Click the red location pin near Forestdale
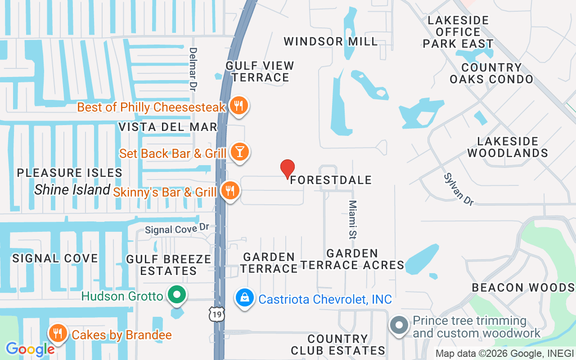click(288, 169)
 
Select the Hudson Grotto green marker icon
click(177, 295)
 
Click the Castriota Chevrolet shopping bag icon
click(245, 298)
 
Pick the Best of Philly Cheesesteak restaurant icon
click(238, 106)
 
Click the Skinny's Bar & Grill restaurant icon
click(230, 191)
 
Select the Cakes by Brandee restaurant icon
click(58, 333)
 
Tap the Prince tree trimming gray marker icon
click(399, 325)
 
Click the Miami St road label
click(352, 219)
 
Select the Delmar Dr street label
click(193, 69)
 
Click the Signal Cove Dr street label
click(177, 229)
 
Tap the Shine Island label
click(72, 190)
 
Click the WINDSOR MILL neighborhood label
click(331, 41)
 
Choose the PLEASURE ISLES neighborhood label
click(70, 173)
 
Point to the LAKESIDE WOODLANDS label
click(508, 147)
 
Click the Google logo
click(30, 349)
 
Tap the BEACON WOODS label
click(523, 287)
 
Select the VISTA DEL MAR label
click(168, 127)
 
